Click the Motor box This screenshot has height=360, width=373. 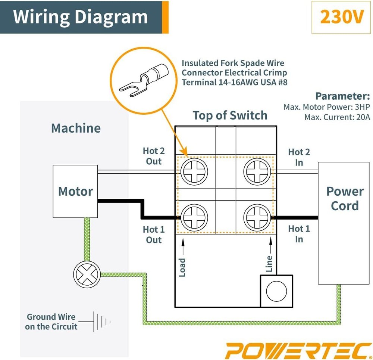pos(75,191)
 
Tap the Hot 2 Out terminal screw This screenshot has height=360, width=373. pos(194,172)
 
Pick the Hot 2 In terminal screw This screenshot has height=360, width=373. pos(257,172)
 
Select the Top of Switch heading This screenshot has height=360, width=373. pos(230,115)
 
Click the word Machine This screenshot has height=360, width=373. pos(76,128)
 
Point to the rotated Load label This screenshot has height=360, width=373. pos(182,267)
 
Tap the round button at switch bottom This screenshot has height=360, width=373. pos(276,291)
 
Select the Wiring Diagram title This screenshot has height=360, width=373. pos(80,17)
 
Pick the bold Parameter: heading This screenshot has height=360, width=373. pos(342,96)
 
